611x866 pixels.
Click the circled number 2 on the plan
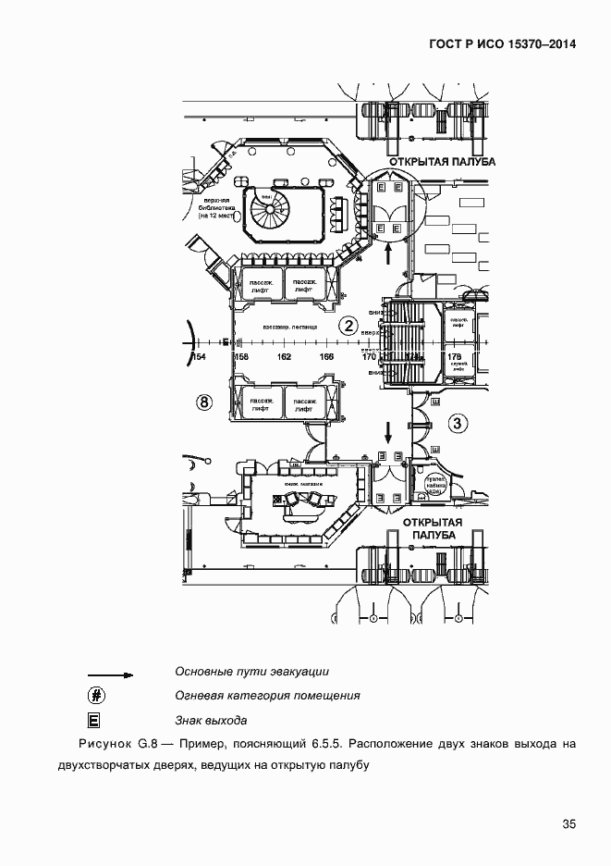(x=348, y=325)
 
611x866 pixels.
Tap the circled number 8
(x=205, y=402)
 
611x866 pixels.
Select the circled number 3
(x=458, y=424)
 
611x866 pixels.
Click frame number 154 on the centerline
(x=197, y=356)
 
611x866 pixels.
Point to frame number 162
(x=284, y=356)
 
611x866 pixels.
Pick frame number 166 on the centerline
(x=326, y=356)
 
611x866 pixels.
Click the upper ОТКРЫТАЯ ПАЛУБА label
(x=442, y=161)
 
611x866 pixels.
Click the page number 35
(x=568, y=825)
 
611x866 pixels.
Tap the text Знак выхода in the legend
(x=210, y=719)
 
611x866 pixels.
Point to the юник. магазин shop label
(x=303, y=484)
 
